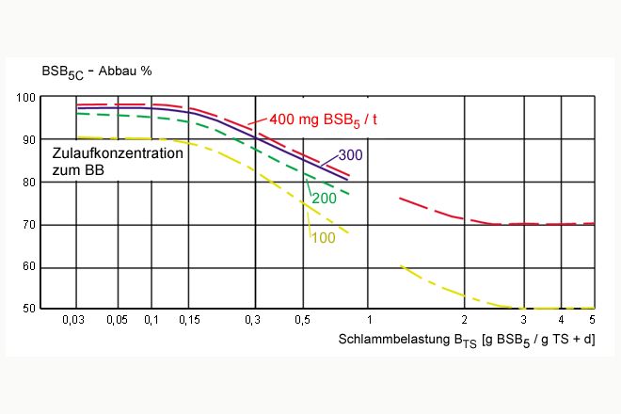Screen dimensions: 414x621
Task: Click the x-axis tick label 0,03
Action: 73,322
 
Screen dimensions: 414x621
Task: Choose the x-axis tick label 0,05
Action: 117,322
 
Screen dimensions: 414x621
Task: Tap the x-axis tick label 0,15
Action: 187,322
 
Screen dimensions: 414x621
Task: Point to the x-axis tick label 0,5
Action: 303,322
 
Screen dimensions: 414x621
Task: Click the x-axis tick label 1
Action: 370,322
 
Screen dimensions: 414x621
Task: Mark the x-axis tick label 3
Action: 523,322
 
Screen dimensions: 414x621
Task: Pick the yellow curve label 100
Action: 322,238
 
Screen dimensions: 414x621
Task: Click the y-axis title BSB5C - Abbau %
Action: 95,72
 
